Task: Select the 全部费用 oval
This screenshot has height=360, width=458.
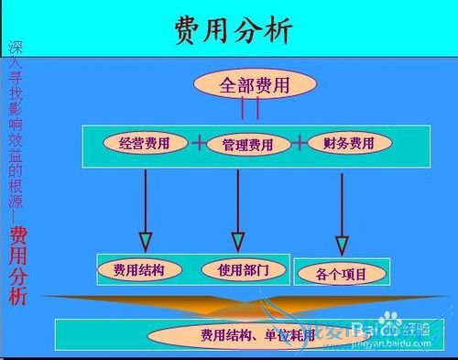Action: tap(255, 85)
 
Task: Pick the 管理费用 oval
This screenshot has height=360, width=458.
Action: tap(247, 145)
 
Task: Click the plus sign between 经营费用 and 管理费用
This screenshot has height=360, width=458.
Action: tap(199, 143)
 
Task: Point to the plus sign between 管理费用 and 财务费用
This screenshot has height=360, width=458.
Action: tap(299, 143)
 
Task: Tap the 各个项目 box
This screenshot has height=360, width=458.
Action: tap(341, 272)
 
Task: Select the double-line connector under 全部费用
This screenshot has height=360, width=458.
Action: tap(250, 110)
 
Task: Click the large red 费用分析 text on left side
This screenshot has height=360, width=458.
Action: tap(18, 266)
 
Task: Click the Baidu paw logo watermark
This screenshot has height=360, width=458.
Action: tap(391, 321)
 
